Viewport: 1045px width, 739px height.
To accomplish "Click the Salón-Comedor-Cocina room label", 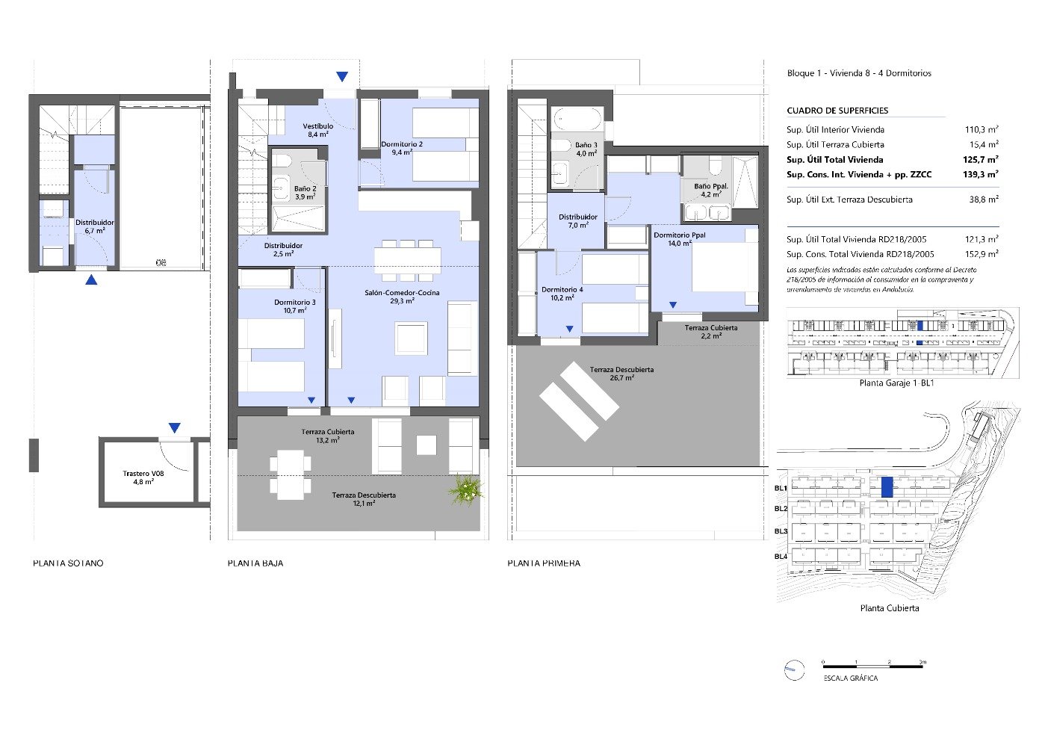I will pyautogui.click(x=402, y=297).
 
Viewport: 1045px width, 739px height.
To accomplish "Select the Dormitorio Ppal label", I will pyautogui.click(x=679, y=238).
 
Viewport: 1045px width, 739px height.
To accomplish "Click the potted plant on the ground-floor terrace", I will pyautogui.click(x=466, y=490).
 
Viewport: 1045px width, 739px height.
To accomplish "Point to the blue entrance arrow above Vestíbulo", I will pyautogui.click(x=341, y=76).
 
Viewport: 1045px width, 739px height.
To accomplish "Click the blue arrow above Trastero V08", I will pyautogui.click(x=174, y=428).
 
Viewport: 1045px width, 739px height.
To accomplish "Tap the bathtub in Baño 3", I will pyautogui.click(x=577, y=119).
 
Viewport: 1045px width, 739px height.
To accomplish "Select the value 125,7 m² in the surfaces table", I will pyautogui.click(x=981, y=159).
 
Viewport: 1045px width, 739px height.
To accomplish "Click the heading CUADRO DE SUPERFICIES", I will pyautogui.click(x=837, y=111).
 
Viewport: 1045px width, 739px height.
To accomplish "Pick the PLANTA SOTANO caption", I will pyautogui.click(x=68, y=563).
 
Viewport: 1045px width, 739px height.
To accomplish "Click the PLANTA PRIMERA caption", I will pyautogui.click(x=544, y=563).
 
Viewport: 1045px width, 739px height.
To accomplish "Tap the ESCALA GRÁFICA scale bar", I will pyautogui.click(x=873, y=664).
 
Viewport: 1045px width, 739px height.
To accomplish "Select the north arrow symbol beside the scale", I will pyautogui.click(x=793, y=670).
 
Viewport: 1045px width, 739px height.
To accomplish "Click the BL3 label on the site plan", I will pyautogui.click(x=781, y=531).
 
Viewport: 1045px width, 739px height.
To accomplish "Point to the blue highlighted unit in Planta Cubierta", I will pyautogui.click(x=887, y=487).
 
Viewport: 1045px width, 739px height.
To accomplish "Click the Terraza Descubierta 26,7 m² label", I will pyautogui.click(x=621, y=374).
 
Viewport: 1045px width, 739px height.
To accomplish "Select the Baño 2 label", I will pyautogui.click(x=305, y=193).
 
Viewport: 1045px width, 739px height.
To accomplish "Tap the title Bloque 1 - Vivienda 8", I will pyautogui.click(x=859, y=73).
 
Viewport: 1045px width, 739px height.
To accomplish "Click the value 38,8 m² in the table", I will pyautogui.click(x=983, y=200).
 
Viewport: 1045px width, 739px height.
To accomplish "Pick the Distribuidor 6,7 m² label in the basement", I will pyautogui.click(x=94, y=226).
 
